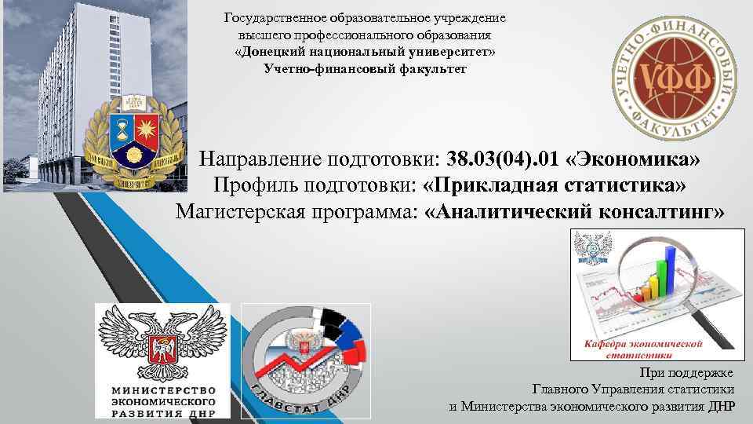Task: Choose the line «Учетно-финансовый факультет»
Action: [x=366, y=69]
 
